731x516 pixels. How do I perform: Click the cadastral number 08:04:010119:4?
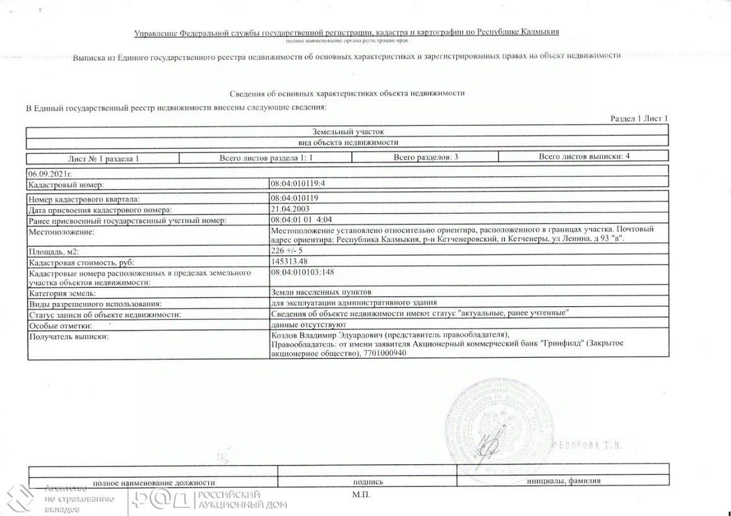click(x=298, y=185)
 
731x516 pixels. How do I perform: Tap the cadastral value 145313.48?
click(x=291, y=261)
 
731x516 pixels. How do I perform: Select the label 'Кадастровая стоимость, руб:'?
click(x=81, y=262)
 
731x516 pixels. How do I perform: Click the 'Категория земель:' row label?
click(x=62, y=293)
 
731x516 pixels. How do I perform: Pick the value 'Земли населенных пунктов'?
click(x=321, y=292)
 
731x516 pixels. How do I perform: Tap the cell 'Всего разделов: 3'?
click(x=426, y=157)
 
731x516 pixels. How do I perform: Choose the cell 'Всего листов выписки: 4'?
click(x=584, y=156)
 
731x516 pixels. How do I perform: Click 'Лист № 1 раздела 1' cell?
click(x=103, y=158)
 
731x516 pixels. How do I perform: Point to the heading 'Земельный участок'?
click(x=348, y=132)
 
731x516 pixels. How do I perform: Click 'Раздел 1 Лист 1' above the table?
click(x=639, y=118)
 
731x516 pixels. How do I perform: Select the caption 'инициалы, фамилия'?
click(x=563, y=481)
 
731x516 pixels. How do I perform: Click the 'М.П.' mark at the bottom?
click(x=361, y=495)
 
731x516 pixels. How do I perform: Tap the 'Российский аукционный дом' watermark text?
click(x=242, y=500)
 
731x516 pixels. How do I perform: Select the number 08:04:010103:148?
click(x=301, y=272)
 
